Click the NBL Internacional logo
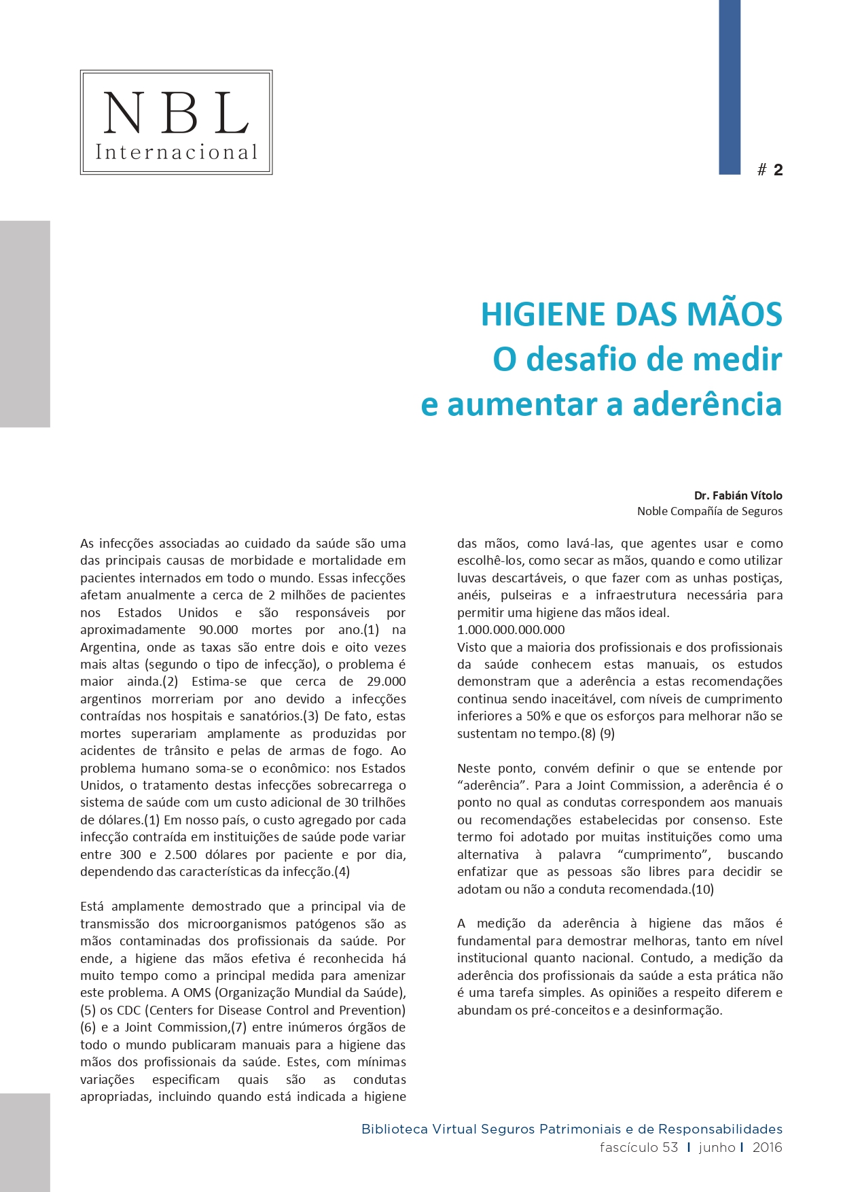click(176, 122)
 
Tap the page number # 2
click(770, 170)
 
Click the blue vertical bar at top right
click(730, 87)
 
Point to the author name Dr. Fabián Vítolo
click(738, 495)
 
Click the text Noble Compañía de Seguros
click(709, 511)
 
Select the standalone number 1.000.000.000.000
click(511, 630)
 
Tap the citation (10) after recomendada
click(702, 890)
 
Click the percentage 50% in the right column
click(539, 716)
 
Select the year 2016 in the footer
click(767, 1148)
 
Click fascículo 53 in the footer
click(639, 1148)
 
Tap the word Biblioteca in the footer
click(394, 1129)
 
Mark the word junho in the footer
click(717, 1148)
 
